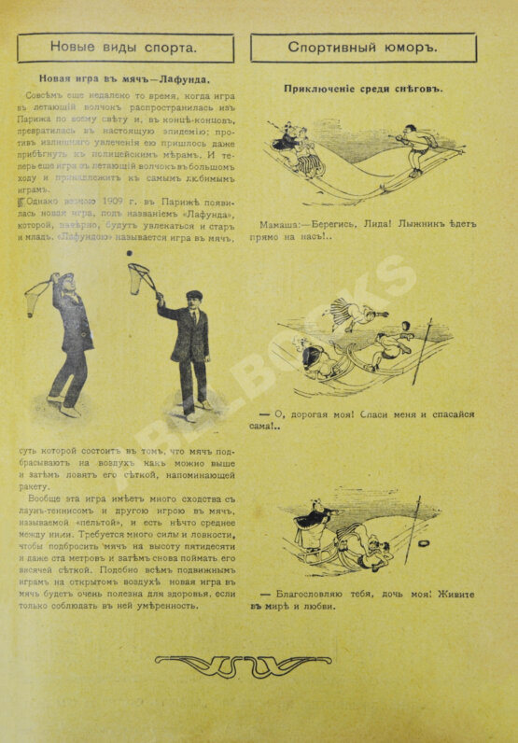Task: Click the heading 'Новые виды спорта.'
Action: coord(123,48)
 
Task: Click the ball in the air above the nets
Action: coord(130,252)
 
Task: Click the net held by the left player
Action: coord(35,296)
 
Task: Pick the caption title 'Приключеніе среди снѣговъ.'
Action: coord(364,89)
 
